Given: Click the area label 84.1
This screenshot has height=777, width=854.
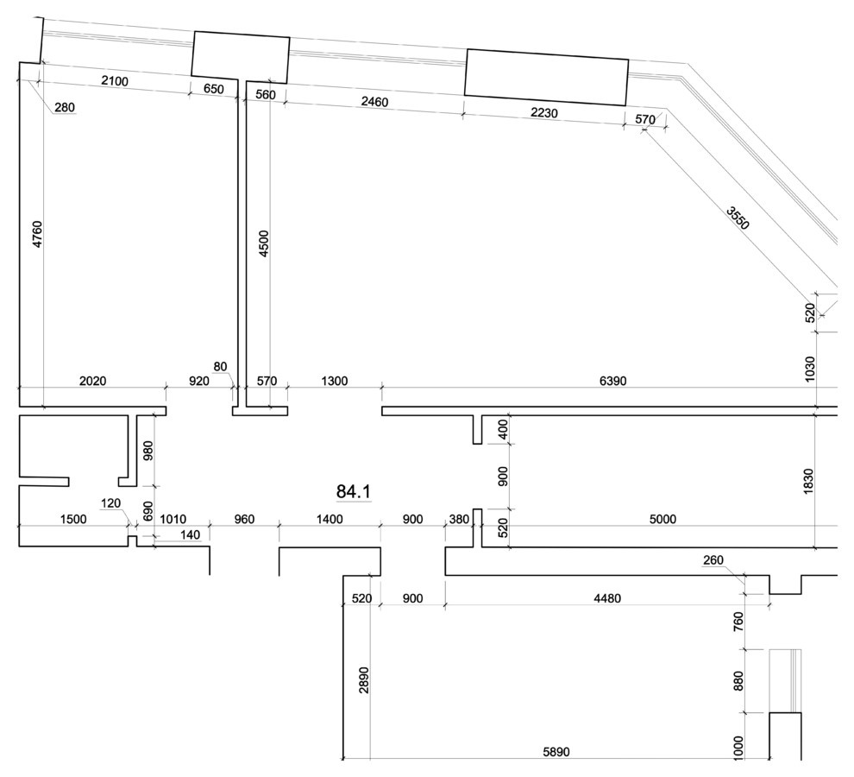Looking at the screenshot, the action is point(354,491).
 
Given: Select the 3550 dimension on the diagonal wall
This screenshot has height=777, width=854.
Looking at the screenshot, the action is point(738,218).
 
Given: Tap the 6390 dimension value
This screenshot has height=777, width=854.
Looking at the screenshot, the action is point(612,381).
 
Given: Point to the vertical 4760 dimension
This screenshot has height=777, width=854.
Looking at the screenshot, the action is point(36,234).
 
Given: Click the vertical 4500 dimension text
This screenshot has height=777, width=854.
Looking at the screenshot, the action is point(264,243).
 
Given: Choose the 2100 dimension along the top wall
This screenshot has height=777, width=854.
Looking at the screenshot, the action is point(115,81).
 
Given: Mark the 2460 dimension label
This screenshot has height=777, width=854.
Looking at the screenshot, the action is point(374,101).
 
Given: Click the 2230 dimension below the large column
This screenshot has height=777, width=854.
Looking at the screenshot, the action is point(544,112).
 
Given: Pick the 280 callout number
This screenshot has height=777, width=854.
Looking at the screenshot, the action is point(65,107).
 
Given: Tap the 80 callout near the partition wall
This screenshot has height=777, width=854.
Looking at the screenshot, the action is point(220,366).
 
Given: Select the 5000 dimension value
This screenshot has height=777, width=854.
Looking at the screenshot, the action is point(662,519).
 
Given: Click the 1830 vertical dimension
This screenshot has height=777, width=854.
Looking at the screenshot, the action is point(808,482).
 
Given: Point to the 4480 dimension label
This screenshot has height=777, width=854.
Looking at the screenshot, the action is point(607,598).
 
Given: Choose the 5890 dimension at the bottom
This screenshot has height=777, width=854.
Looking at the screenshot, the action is point(556,752).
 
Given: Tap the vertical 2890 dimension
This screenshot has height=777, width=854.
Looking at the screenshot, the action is point(364,680).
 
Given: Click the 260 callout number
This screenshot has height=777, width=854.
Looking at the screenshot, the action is point(713,560).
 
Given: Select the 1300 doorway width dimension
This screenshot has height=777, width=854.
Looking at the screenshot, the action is point(335,381).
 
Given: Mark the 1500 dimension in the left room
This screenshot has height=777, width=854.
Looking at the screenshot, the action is point(73,519).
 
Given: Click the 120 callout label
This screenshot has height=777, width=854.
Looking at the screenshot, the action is point(111,502).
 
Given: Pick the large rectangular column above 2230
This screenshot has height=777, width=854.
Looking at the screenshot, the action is point(546,78).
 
